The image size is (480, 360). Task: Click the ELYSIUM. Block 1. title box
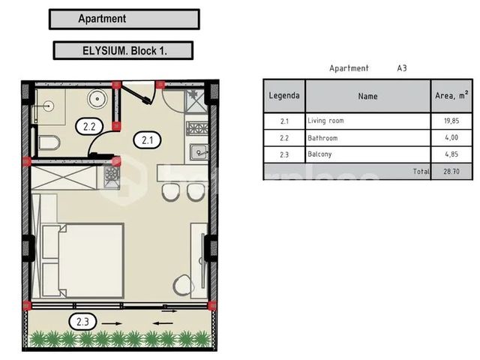pos(123,50)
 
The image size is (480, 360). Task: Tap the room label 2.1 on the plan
pos(148,140)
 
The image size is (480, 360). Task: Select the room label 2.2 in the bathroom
pos(89,127)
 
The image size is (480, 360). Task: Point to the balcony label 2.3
pos(82,322)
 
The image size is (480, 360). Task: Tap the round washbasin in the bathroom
pos(97,98)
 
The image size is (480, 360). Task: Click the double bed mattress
pos(91,260)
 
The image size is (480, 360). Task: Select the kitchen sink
pos(199,152)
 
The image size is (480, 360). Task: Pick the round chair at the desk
pos(183,285)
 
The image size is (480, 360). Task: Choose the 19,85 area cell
pos(451,121)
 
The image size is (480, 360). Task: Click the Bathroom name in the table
pos(322,138)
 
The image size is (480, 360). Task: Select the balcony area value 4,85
pos(451,154)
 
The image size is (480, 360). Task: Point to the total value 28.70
pos(451,172)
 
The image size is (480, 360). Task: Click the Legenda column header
pos(284,96)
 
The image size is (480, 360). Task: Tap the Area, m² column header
pos(451,96)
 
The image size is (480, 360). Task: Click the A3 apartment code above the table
pos(402,68)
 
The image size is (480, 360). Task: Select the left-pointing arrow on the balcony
pos(163,323)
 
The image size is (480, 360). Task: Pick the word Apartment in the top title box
pos(102,19)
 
